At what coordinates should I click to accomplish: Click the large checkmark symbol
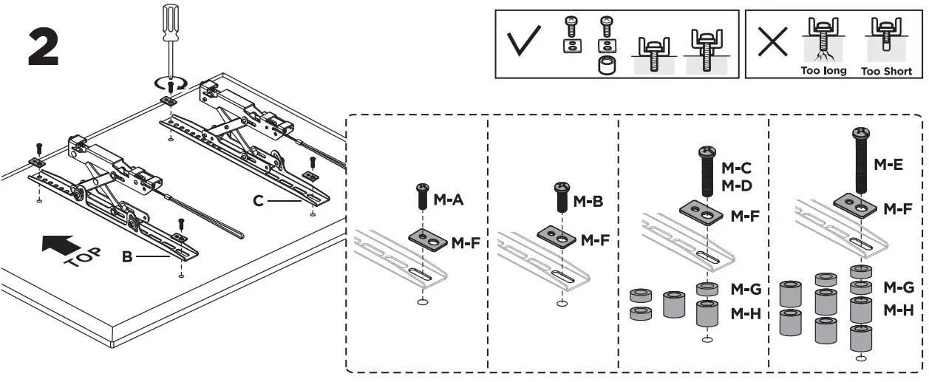tap(528, 45)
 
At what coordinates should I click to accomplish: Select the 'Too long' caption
tap(823, 71)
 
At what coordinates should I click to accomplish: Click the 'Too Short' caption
tap(886, 72)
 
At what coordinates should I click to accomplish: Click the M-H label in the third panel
tap(746, 313)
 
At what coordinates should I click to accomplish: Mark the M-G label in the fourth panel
tap(899, 287)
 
